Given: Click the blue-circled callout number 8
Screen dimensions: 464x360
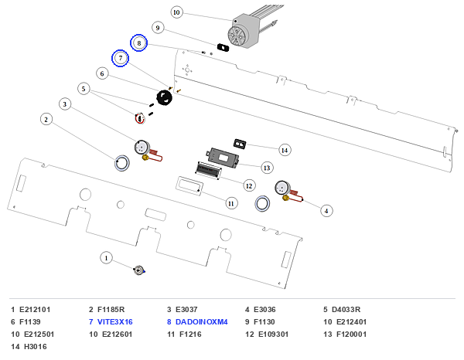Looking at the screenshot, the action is tap(138, 42).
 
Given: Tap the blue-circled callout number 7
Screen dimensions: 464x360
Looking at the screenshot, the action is tap(120, 58).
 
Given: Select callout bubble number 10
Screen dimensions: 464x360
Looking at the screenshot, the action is tap(176, 12).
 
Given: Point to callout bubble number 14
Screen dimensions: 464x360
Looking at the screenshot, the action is tap(285, 150).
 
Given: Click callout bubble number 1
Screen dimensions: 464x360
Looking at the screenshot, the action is tap(106, 258).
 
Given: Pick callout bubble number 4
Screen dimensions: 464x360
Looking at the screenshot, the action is tap(326, 211).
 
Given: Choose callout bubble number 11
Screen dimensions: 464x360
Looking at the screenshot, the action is tap(231, 203).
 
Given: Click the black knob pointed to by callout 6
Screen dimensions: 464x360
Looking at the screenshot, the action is tap(164, 97).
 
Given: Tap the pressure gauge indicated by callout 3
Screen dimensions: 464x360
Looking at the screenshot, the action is tap(142, 148).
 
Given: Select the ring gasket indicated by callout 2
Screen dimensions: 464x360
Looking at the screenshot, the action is tap(122, 163).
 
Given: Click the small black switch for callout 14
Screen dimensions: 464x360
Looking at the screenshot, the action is tap(240, 144).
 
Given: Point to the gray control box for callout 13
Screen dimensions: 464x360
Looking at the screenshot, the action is tap(223, 158).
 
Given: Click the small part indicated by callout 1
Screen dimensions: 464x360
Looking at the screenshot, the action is tap(139, 270).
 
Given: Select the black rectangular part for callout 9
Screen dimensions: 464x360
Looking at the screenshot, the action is tap(223, 47).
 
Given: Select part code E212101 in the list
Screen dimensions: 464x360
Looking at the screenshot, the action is tap(35, 310).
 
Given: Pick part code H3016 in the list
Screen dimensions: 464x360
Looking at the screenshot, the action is tap(36, 346).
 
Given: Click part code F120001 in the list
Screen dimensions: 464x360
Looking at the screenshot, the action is tap(351, 335).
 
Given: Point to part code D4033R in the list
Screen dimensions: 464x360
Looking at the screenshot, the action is tap(346, 310).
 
